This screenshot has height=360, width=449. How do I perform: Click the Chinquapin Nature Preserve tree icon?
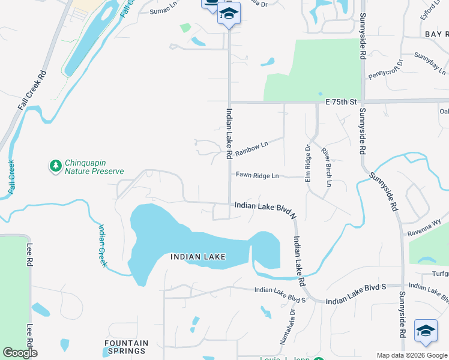tap(56, 165)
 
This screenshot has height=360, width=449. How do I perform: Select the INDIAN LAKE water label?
tap(198, 257)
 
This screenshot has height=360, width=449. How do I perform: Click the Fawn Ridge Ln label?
tap(257, 176)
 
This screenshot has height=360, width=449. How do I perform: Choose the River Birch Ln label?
tap(326, 166)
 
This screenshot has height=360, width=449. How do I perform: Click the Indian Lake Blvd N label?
tap(265, 208)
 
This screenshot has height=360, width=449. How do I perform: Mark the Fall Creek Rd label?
tap(32, 91)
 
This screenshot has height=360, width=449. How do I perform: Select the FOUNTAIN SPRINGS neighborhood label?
tap(125, 347)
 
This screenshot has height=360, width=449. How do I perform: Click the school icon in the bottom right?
tap(426, 331)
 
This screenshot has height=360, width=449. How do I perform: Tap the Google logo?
tap(20, 352)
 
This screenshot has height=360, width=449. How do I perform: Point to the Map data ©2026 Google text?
tap(411, 355)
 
